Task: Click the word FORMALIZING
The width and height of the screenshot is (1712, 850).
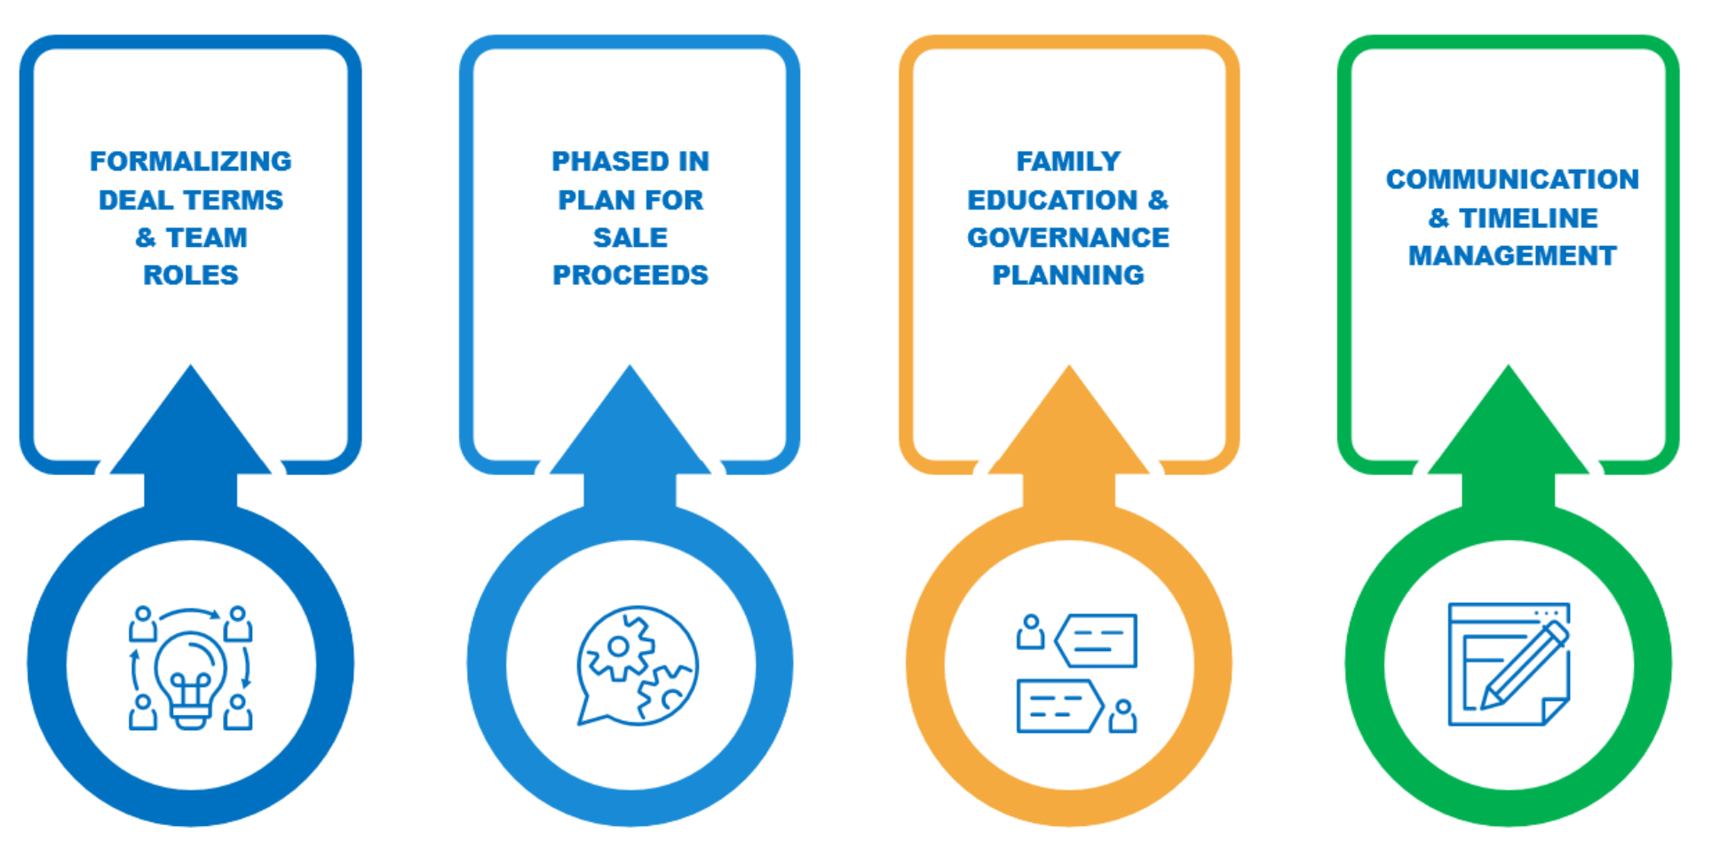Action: click(x=190, y=161)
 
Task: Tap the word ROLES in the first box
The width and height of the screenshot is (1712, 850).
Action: click(x=190, y=275)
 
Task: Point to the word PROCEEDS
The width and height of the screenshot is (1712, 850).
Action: click(x=630, y=275)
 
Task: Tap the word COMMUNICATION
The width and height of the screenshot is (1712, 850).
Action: click(x=1511, y=179)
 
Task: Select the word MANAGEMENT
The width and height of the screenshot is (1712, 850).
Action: click(x=1511, y=256)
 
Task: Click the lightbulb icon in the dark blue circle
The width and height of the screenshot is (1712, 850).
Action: click(x=190, y=677)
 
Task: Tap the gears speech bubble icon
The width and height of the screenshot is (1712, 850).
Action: click(x=636, y=665)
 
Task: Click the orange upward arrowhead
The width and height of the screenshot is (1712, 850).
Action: click(x=1068, y=426)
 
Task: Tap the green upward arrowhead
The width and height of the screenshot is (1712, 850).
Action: click(x=1508, y=426)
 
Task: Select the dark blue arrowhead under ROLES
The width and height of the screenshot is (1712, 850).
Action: click(x=190, y=426)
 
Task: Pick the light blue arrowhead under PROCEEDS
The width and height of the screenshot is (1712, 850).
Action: click(x=630, y=426)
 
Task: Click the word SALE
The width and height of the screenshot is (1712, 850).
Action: click(x=630, y=237)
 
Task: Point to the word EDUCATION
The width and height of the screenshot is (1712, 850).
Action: click(x=1051, y=200)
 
